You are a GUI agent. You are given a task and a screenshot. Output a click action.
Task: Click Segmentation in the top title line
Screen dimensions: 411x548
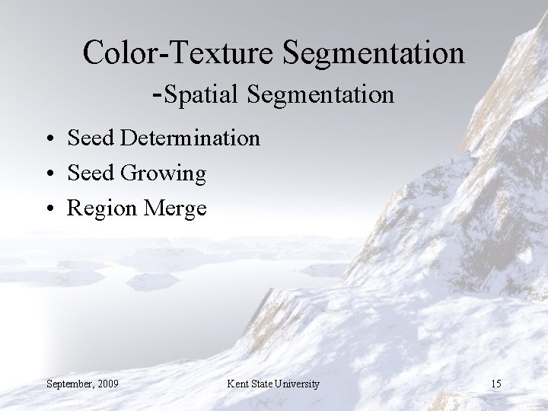pos(374,53)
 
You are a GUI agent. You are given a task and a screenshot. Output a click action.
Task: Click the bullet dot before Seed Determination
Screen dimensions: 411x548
pos(48,140)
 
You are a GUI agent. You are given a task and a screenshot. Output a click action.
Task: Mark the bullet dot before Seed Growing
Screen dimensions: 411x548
pos(48,175)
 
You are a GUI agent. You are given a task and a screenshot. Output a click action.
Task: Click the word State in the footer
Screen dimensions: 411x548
pos(264,383)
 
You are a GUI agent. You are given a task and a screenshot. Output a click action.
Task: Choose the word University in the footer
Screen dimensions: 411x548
pos(299,383)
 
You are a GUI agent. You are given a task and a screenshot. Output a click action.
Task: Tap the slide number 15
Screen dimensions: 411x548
pos(495,383)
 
